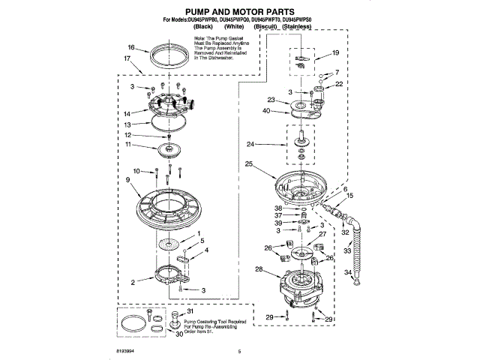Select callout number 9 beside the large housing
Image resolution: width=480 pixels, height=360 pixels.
click(129, 180)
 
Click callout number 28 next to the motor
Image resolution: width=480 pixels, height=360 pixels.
click(259, 268)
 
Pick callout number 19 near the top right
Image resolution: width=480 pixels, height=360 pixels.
click(335, 52)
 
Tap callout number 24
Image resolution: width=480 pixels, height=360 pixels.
click(271, 143)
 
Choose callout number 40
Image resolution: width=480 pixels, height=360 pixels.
click(266, 111)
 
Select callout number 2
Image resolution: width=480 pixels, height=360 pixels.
click(133, 283)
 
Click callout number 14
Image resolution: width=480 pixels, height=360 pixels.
click(128, 113)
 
